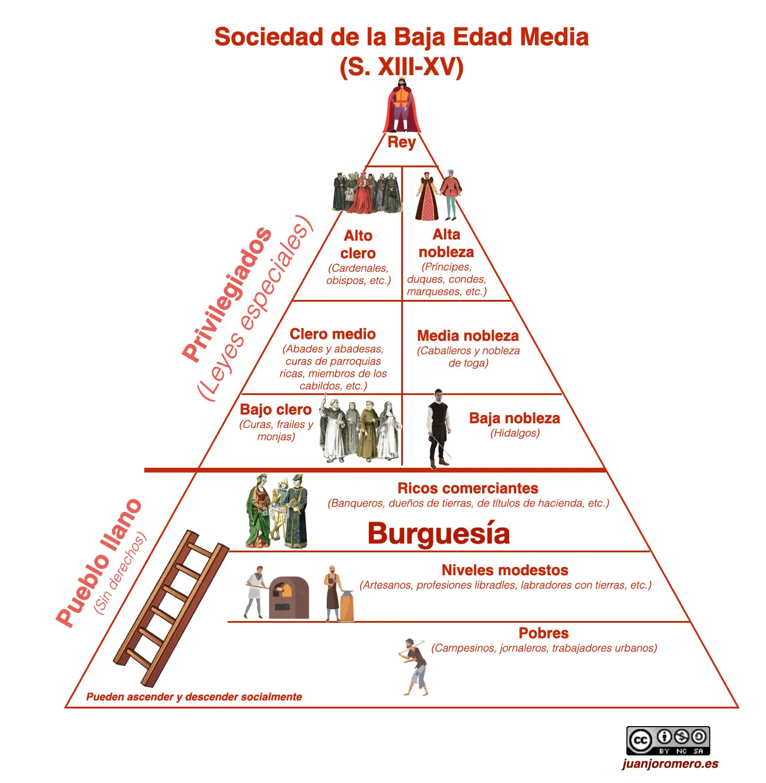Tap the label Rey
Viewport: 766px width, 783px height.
402,142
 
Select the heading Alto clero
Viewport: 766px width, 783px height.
358,244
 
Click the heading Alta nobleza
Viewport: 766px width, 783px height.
446,243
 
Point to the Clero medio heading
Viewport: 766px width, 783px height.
333,334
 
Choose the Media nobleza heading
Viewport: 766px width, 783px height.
468,336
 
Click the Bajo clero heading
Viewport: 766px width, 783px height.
276,410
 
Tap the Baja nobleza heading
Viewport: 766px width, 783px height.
514,418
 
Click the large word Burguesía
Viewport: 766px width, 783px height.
439,534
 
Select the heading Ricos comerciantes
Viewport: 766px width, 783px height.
467,488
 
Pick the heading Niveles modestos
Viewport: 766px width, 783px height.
505,570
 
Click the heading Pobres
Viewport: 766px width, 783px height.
544,633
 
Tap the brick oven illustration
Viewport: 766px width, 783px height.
289,598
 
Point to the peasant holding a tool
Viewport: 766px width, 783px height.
415,666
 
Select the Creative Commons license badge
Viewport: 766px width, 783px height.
668,741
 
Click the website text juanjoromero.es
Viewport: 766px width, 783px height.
670,764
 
